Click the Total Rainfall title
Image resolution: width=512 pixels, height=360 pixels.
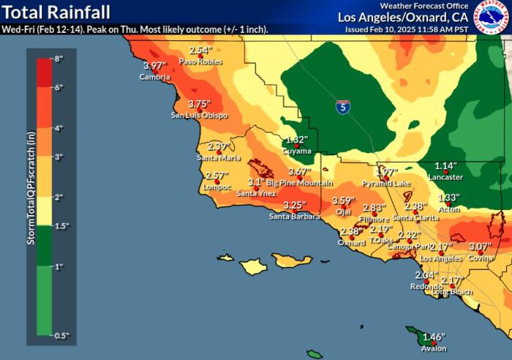57,12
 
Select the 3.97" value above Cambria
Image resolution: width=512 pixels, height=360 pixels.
155,66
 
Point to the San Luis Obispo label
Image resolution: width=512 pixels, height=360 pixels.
199,116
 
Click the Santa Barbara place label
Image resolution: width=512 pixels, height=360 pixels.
294,216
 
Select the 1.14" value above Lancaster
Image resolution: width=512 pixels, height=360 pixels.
445,166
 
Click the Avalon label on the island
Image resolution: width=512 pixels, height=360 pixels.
434,349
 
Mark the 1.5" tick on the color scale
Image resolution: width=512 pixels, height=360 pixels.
61,226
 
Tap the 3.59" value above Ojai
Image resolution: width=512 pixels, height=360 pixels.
344,200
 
